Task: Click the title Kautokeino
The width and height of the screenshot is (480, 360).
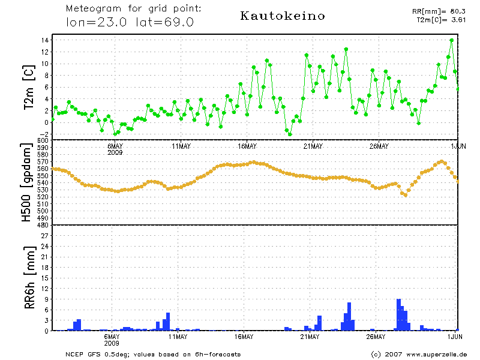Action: [x=283, y=16]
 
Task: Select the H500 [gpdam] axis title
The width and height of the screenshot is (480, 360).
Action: [x=27, y=183]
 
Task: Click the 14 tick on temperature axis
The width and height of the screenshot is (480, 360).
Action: [x=45, y=40]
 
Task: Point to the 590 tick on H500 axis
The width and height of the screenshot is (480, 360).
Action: [x=43, y=148]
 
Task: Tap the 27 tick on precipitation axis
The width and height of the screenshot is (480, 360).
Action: [x=44, y=236]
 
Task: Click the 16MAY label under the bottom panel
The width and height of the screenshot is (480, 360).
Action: [x=247, y=337]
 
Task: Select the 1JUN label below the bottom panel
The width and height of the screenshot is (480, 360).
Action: [x=458, y=337]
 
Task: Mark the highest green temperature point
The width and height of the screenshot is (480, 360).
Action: [x=452, y=40]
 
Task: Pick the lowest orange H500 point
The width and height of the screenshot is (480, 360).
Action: [x=405, y=194]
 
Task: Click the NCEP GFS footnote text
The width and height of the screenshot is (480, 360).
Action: [x=153, y=354]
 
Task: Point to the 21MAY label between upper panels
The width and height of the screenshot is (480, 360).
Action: [x=313, y=146]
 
